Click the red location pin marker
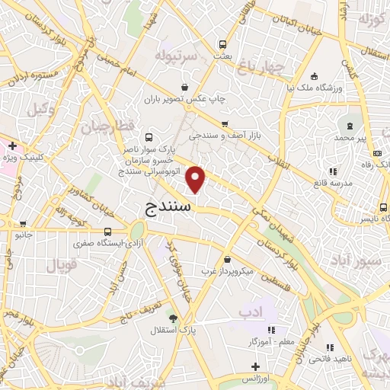(x=197, y=179)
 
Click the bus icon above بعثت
(x=223, y=44)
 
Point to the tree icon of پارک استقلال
(x=174, y=318)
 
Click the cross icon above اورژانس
(x=256, y=367)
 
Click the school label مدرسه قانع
(x=333, y=184)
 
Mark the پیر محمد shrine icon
(x=350, y=125)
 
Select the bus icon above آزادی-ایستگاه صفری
(x=107, y=232)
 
